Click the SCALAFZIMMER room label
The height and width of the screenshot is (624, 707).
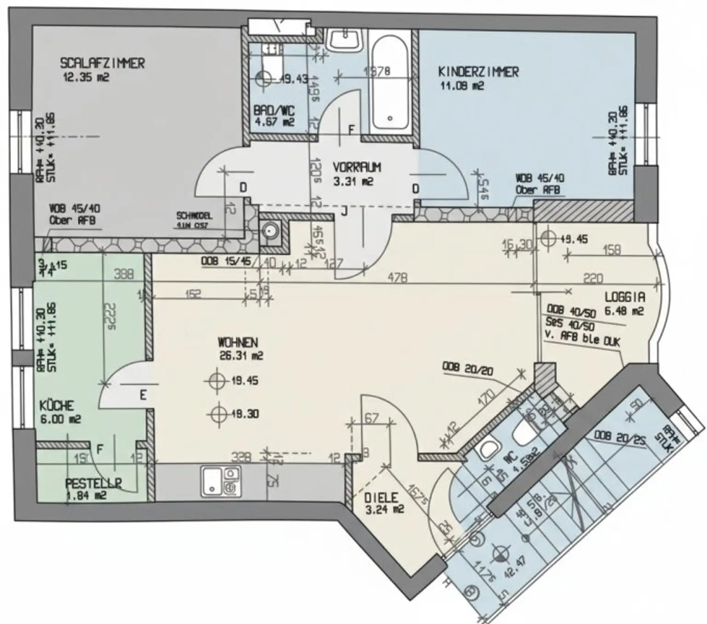(x=102, y=63)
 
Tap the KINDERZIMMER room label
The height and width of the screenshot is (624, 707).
(x=478, y=72)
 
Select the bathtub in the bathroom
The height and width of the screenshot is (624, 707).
(x=389, y=83)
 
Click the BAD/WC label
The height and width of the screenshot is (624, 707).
(x=274, y=111)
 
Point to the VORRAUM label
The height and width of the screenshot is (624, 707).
(x=357, y=167)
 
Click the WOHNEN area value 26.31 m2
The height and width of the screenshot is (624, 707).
(x=241, y=356)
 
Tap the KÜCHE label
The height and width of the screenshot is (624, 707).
(x=57, y=406)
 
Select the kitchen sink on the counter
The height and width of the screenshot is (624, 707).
(x=220, y=482)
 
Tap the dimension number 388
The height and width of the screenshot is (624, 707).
(x=123, y=274)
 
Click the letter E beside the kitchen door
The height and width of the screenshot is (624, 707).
(x=143, y=395)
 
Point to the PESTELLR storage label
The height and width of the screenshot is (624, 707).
(x=93, y=484)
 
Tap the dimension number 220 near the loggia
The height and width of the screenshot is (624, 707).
(x=593, y=278)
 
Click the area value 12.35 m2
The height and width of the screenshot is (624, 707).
(x=86, y=77)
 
